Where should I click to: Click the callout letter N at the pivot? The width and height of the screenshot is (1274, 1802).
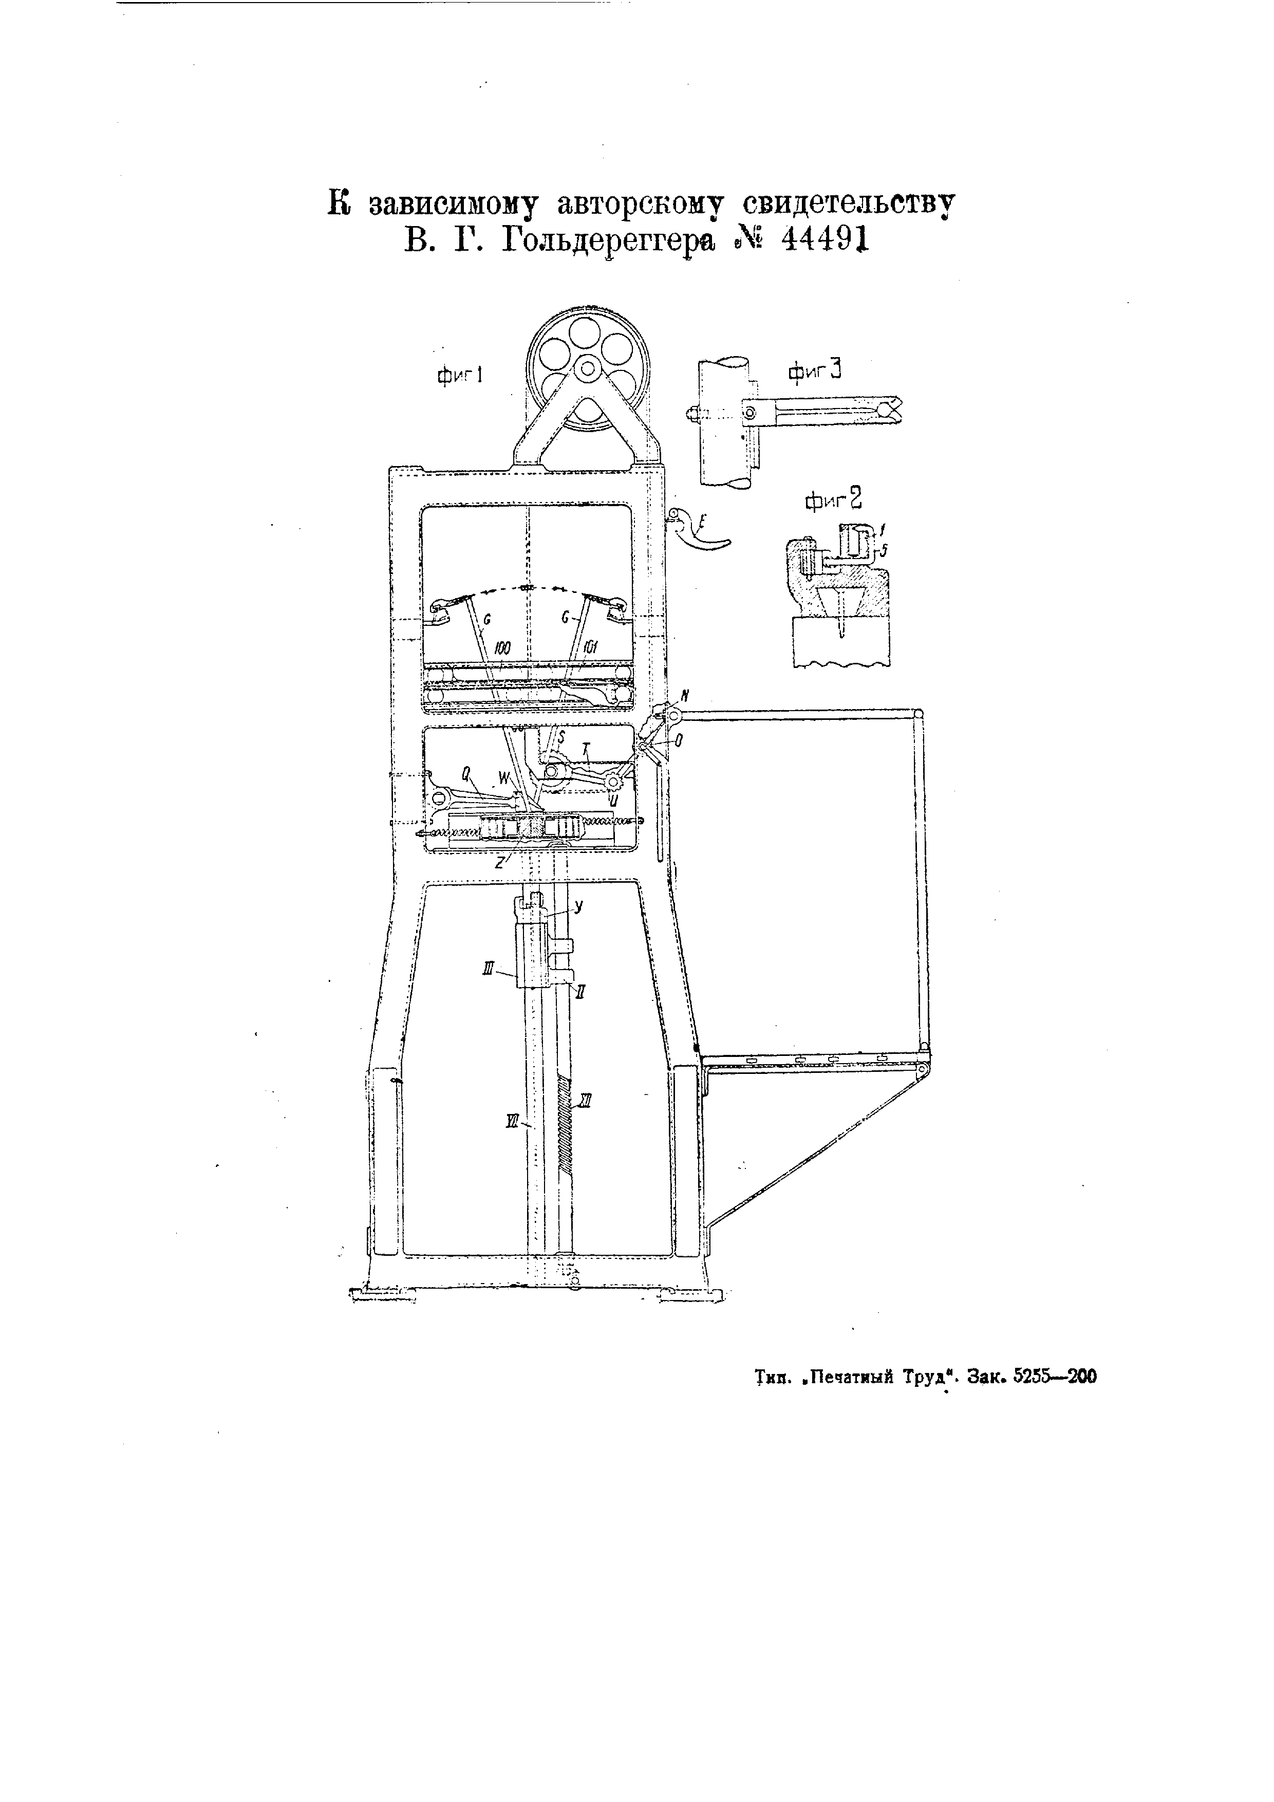(x=684, y=695)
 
